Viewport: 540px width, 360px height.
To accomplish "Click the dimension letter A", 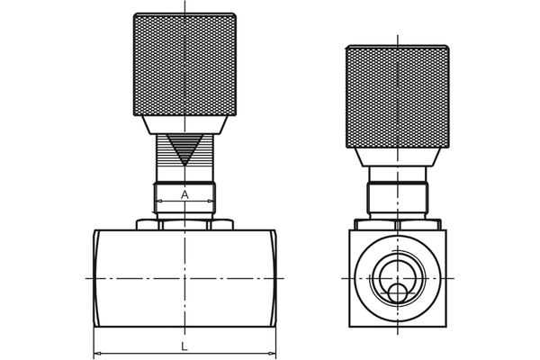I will pos(184,194).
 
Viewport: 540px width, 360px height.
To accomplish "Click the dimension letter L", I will pos(184,345).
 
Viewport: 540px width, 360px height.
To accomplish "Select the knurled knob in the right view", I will pos(396,94).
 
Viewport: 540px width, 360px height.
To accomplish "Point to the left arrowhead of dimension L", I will pos(98,354).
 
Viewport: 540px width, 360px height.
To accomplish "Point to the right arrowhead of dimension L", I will pos(271,354).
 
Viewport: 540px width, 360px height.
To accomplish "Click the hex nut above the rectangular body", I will pos(184,222).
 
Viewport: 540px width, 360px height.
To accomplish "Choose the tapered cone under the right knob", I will pos(396,158).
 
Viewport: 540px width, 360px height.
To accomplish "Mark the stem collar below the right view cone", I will pos(396,193).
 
